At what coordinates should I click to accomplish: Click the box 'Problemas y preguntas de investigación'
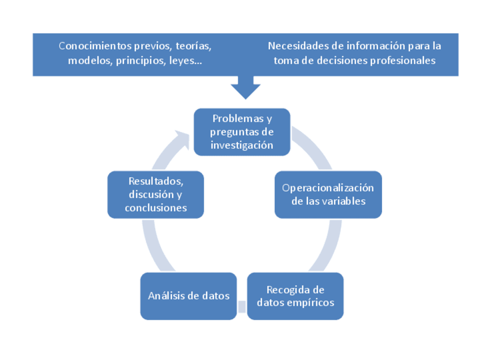242,132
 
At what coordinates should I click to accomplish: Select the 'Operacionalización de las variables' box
328,194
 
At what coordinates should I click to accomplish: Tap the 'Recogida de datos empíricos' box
295,296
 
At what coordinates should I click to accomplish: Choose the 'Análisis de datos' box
188,296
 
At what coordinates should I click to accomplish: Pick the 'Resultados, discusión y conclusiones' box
156,194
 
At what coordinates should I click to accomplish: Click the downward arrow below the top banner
245,88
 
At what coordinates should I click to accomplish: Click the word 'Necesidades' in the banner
297,46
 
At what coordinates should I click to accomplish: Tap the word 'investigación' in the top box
242,145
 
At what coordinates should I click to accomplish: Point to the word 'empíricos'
311,302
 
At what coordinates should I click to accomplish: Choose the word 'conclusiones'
156,208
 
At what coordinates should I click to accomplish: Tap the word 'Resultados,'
156,181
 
